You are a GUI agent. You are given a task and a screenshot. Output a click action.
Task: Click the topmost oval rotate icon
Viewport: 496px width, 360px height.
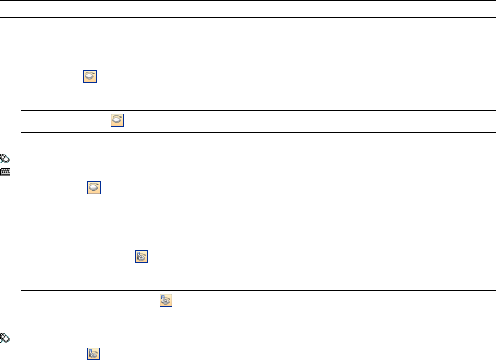(90, 75)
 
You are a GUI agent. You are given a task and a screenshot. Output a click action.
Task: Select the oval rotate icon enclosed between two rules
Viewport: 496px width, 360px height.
(117, 121)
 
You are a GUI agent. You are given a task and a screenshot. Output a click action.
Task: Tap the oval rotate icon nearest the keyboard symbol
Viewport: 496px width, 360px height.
(94, 187)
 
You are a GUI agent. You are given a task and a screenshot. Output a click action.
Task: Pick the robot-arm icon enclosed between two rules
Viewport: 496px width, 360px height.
(166, 300)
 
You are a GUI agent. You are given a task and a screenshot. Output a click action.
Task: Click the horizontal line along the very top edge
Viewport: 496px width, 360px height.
(248, 1)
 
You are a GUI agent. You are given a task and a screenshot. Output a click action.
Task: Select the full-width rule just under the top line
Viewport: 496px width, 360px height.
(248, 18)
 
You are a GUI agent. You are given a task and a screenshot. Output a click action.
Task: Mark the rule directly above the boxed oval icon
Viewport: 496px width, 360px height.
(255, 111)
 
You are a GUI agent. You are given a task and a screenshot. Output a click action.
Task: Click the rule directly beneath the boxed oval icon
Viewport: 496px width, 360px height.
(255, 132)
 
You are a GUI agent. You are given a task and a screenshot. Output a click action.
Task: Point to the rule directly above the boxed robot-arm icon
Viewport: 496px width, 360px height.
(255, 291)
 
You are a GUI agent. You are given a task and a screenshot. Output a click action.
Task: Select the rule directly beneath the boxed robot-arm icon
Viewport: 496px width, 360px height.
(255, 312)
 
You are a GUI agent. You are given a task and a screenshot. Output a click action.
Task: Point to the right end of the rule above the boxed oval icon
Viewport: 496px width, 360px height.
(488, 111)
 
